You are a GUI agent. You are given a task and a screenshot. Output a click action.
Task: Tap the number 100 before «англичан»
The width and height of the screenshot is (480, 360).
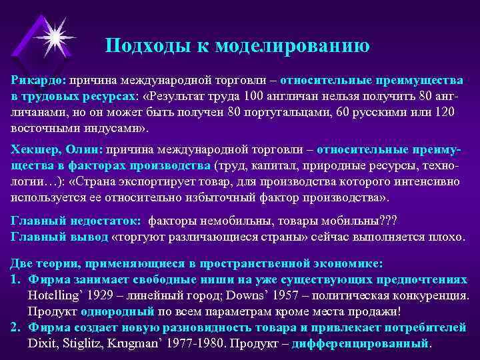[x=254, y=95]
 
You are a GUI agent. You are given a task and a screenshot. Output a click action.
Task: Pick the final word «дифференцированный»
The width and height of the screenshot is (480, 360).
[x=373, y=343]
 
